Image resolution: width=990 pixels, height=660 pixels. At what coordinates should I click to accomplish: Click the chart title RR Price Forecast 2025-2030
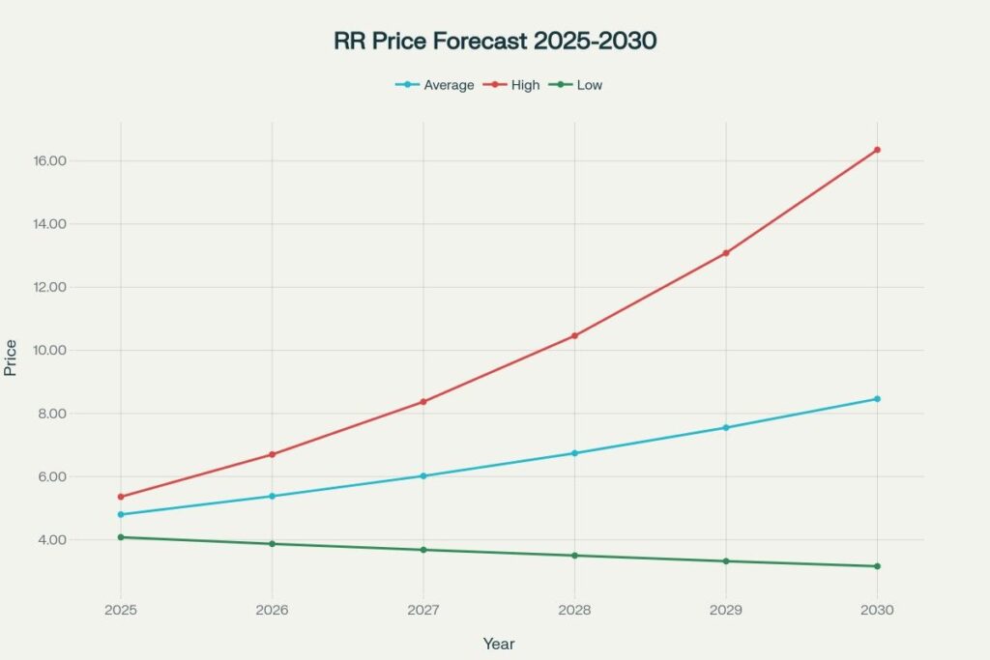(x=495, y=43)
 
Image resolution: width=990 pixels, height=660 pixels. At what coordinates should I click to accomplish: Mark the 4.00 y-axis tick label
(x=85, y=539)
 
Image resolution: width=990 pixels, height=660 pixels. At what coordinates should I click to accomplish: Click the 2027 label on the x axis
(x=423, y=611)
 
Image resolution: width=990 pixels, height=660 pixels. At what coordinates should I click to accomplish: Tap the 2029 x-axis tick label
(x=726, y=611)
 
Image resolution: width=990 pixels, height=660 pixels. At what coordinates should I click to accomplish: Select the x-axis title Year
(x=499, y=644)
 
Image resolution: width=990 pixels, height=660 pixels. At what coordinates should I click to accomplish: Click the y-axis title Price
(x=11, y=358)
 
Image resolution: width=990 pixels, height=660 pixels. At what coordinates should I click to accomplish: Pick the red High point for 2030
(x=877, y=150)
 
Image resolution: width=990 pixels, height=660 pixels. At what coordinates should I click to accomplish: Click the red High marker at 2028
(x=574, y=335)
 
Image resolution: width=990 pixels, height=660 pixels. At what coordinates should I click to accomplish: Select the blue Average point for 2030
(x=877, y=399)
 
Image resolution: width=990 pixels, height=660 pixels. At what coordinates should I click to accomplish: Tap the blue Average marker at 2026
(x=272, y=497)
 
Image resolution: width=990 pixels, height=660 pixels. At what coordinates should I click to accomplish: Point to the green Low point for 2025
(x=121, y=537)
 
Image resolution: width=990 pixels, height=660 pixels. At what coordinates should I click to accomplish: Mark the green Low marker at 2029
(x=726, y=561)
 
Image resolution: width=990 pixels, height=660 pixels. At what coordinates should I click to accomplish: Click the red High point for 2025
(x=121, y=497)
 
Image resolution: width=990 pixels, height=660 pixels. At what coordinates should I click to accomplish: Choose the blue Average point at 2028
(x=574, y=453)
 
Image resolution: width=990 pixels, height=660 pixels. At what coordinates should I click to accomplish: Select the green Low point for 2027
(x=423, y=550)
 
